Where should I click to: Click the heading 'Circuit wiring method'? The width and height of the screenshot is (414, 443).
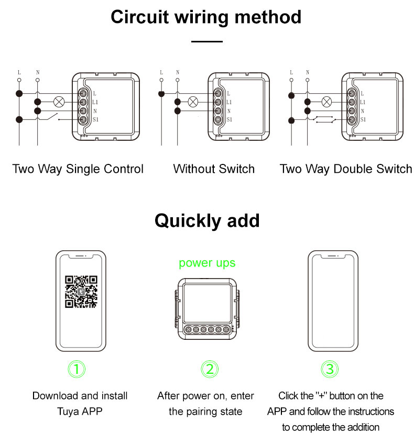pos(206,17)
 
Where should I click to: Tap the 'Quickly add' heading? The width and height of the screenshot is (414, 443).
pos(206,220)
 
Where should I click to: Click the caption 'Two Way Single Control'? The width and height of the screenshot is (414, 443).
pos(78,169)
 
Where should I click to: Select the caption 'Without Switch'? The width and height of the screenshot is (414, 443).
pos(214,169)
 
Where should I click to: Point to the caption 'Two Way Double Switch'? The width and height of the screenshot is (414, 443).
pos(346,169)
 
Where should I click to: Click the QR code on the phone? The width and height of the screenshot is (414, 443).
pos(81,292)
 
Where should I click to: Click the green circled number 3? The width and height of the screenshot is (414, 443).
pos(330,369)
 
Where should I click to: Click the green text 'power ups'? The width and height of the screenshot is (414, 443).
pos(207,263)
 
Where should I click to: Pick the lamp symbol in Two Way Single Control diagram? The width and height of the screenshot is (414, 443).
pos(59,102)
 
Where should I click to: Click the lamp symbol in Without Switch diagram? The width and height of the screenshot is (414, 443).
pos(193,102)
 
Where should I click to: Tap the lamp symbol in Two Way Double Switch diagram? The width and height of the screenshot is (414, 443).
pos(327,102)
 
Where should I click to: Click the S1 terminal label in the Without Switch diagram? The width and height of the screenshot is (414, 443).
pos(229,120)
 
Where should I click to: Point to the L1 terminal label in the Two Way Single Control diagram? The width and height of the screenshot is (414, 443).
pos(95,102)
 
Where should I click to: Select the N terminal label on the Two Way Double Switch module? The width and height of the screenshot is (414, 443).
pos(363,111)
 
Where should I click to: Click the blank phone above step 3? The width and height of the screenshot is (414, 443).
pos(333,301)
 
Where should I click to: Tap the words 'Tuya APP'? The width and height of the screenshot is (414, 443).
pos(80,412)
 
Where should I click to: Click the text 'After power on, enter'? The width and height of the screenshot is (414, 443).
pos(205,396)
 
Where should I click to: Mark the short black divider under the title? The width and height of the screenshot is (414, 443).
pos(206,41)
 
